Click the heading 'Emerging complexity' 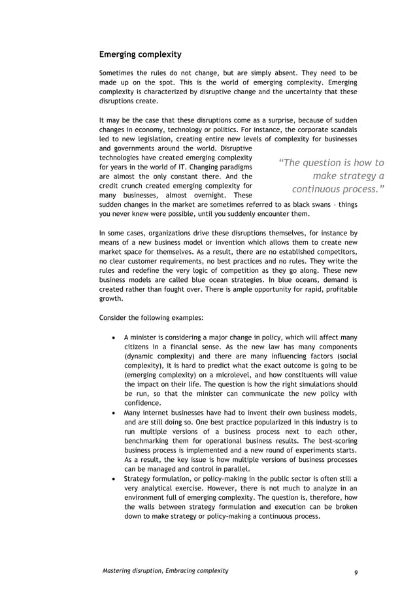tap(140, 54)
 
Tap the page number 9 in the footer tap(356, 572)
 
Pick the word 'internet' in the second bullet tap(158, 411)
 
